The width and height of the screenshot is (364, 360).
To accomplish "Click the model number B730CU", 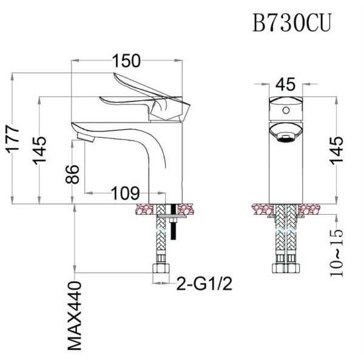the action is click(292, 22).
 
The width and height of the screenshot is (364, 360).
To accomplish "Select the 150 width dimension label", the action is click(127, 61).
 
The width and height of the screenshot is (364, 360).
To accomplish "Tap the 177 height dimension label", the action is click(13, 139).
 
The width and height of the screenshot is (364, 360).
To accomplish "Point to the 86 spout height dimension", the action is click(72, 174).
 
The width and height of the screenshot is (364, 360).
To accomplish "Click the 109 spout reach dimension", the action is click(126, 193).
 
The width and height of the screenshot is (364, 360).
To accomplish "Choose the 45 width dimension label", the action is click(286, 84).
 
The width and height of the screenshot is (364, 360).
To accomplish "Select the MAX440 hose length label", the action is click(75, 316).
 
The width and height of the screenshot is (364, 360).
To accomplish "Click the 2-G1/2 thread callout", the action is click(204, 284).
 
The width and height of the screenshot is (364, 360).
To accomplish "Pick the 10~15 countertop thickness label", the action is click(336, 253).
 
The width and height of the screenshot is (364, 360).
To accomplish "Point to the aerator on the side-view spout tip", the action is click(85, 137).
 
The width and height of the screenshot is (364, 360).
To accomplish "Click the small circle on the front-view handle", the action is click(286, 110).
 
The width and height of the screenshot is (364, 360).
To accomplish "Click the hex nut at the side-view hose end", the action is click(161, 268).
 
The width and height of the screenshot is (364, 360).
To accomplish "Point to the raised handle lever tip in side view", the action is click(115, 75).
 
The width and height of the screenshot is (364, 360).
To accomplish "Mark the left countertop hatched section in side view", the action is click(144, 209).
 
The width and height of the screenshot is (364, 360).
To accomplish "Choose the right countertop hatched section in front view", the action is click(308, 209).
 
